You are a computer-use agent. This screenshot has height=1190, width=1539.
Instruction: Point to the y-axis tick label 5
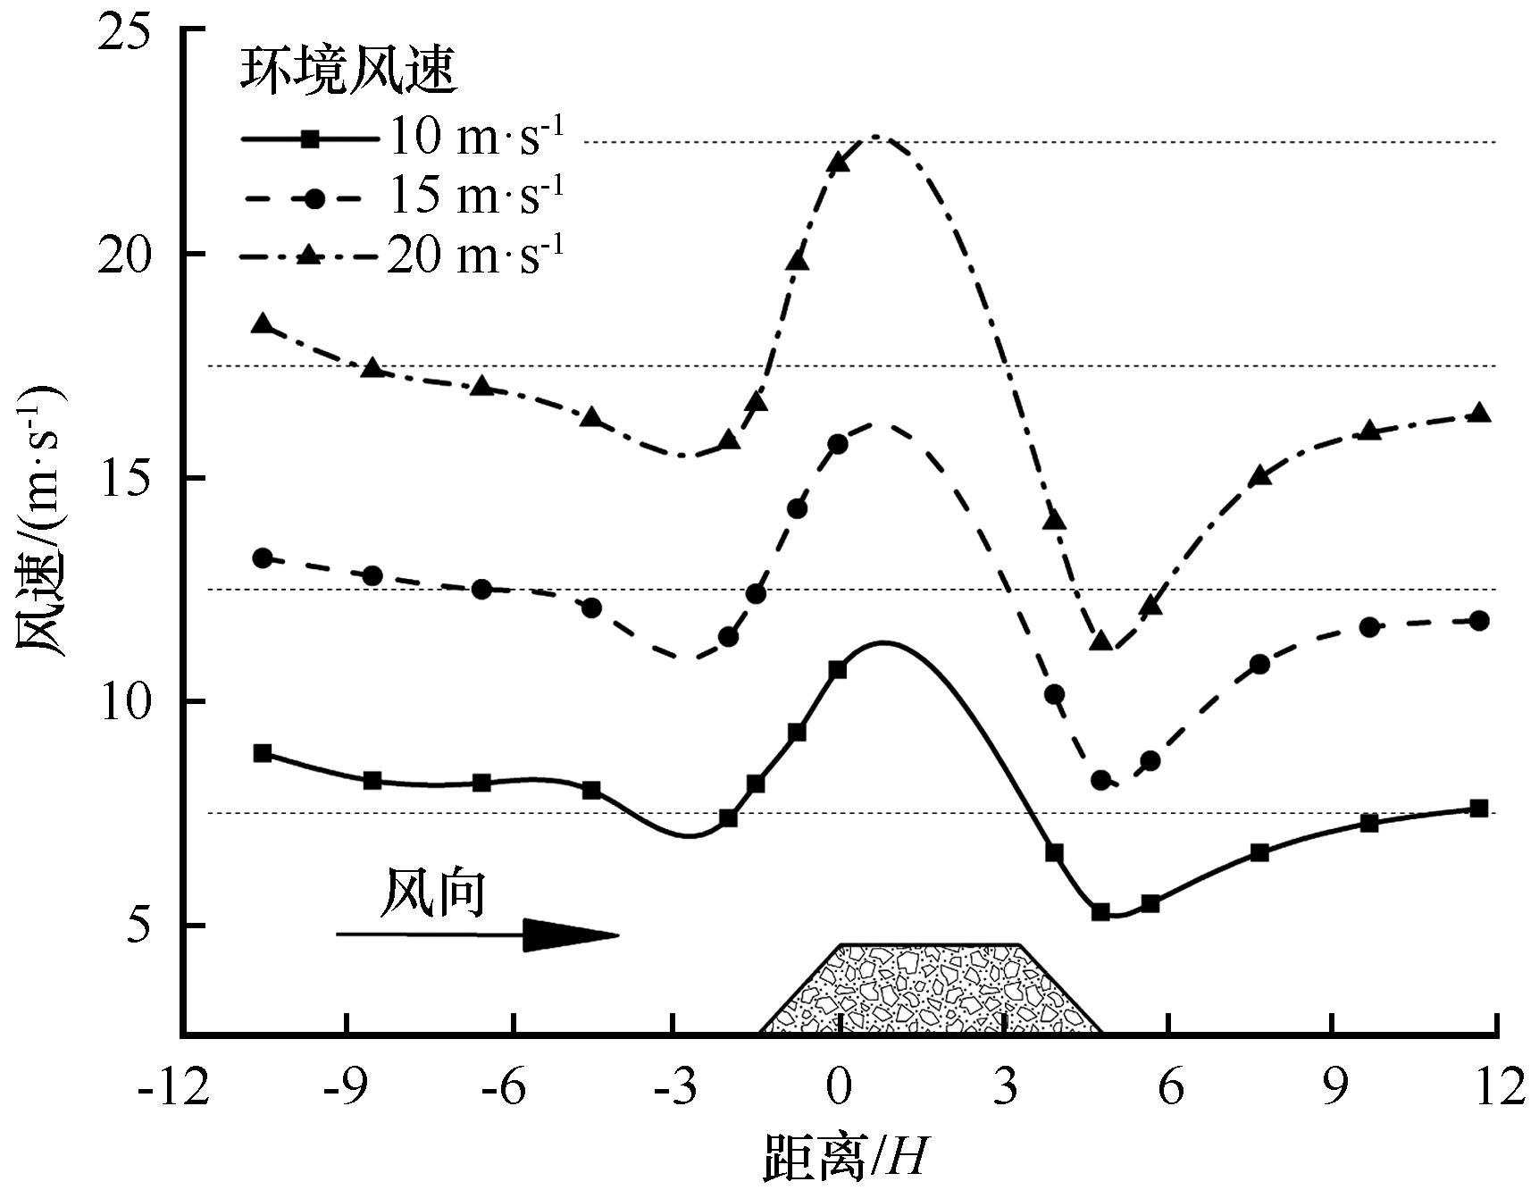[143, 926]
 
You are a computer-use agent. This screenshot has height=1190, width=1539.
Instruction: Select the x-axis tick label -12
[174, 1091]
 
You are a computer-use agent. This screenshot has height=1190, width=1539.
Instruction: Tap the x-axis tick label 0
[839, 1091]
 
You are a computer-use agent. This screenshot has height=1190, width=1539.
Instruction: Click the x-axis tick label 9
[1334, 1091]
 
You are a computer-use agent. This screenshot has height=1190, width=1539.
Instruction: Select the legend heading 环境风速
[348, 71]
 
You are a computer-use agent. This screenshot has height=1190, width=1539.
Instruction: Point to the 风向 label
[434, 893]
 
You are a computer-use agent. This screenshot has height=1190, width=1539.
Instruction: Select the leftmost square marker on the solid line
[263, 753]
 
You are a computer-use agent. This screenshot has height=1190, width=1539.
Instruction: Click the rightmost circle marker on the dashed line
[1479, 621]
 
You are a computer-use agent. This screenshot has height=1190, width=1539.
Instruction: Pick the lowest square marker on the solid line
[1100, 912]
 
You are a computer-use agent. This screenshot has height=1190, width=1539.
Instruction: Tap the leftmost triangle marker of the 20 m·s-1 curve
[263, 324]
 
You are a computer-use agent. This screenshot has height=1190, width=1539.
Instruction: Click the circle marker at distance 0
[838, 444]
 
